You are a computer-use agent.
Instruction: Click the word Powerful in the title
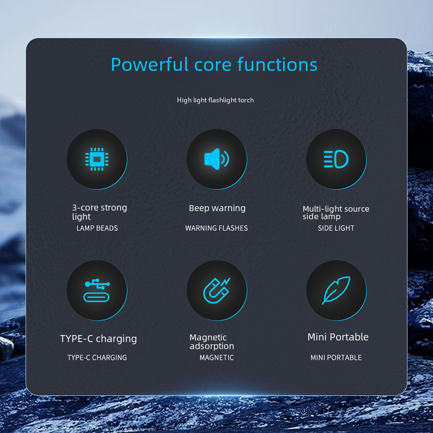pos(150,64)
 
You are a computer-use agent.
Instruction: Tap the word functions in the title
pos(277,64)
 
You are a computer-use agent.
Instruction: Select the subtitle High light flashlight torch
pos(215,100)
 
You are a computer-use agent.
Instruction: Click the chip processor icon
pos(97,159)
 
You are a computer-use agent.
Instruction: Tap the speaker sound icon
pos(217,159)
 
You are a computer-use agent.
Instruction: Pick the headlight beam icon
pos(336,159)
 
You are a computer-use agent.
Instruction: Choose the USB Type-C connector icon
pos(97,291)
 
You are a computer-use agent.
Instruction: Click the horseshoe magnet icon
pos(217,291)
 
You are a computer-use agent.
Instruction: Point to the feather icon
pos(336,290)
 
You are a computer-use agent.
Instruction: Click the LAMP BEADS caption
pos(97,228)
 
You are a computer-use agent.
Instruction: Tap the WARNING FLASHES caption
pos(216,228)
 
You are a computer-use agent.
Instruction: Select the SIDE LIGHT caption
pos(336,228)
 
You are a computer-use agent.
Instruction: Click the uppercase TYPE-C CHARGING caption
pos(97,358)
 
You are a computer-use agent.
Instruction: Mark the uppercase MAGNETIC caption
pos(216,358)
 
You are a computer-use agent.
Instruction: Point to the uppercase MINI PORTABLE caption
pos(336,358)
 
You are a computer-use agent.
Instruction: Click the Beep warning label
pos(218,208)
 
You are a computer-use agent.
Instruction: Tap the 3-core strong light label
pos(100,212)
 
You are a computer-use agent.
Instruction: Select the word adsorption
pos(212,346)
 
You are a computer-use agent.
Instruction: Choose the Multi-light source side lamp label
pos(336,213)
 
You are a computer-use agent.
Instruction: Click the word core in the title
pos(213,65)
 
